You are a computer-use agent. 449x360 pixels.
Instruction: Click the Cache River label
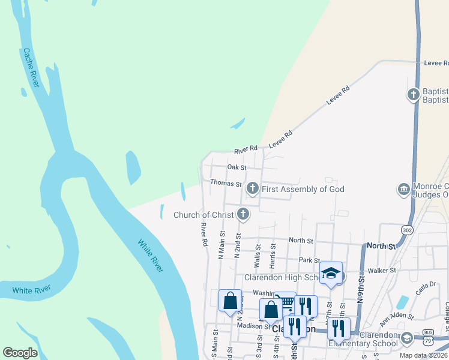(31, 68)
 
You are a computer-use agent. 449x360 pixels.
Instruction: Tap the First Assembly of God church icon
(253, 189)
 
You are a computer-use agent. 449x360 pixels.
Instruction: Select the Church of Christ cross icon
(243, 214)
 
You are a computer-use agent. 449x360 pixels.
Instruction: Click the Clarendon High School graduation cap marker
(331, 273)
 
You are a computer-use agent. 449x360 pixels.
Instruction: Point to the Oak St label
(237, 167)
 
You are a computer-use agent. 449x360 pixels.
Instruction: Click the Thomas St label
(226, 184)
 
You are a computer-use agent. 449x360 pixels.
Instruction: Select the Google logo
(20, 353)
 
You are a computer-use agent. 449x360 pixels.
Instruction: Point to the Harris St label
(273, 254)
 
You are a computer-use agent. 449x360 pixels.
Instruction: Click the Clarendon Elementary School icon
(406, 338)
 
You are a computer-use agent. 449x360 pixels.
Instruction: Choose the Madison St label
(253, 326)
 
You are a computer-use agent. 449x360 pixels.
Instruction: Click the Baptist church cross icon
(413, 94)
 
